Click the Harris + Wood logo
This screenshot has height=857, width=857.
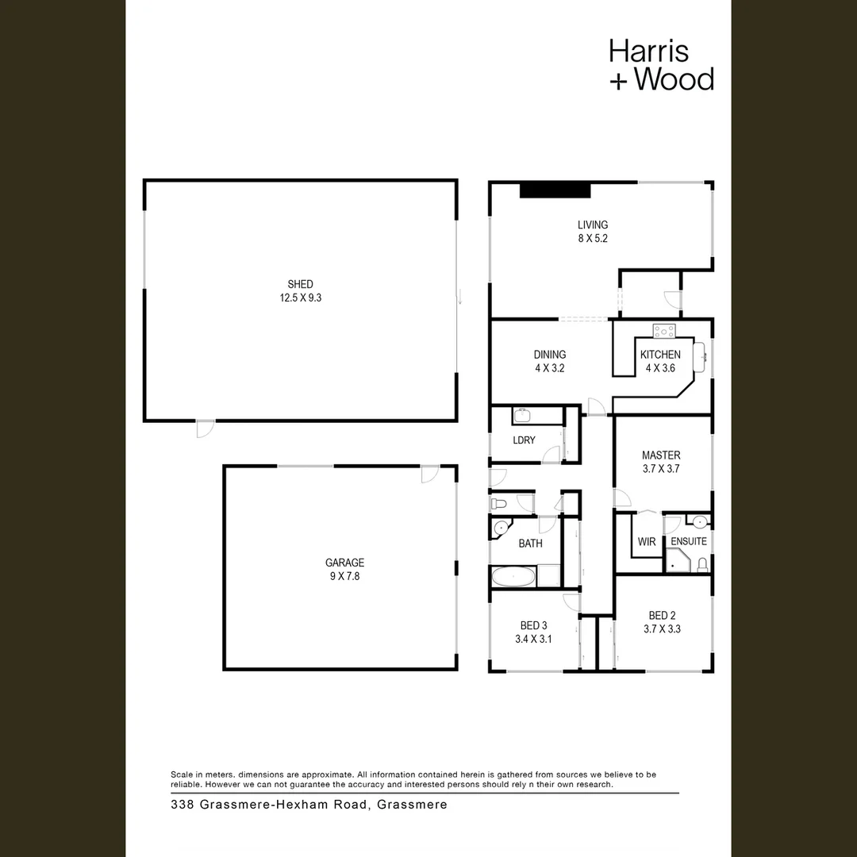(x=661, y=65)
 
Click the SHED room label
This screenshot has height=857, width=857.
(x=300, y=284)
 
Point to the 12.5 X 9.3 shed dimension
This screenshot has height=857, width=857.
(x=300, y=298)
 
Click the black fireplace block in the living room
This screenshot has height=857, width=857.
(x=555, y=190)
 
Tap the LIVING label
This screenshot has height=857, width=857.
(x=593, y=225)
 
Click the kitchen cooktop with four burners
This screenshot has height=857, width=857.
(x=663, y=331)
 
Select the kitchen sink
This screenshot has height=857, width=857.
(x=701, y=356)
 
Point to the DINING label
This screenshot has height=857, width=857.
(x=550, y=355)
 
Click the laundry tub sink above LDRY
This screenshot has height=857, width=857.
(x=523, y=416)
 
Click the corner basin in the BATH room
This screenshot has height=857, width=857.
(x=501, y=528)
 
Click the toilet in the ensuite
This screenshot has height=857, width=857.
(x=701, y=564)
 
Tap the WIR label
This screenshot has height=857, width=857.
(x=647, y=542)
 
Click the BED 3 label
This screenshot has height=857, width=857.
(x=534, y=624)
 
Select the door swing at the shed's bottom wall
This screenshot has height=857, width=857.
(x=205, y=428)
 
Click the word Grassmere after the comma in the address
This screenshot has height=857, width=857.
(x=413, y=805)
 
